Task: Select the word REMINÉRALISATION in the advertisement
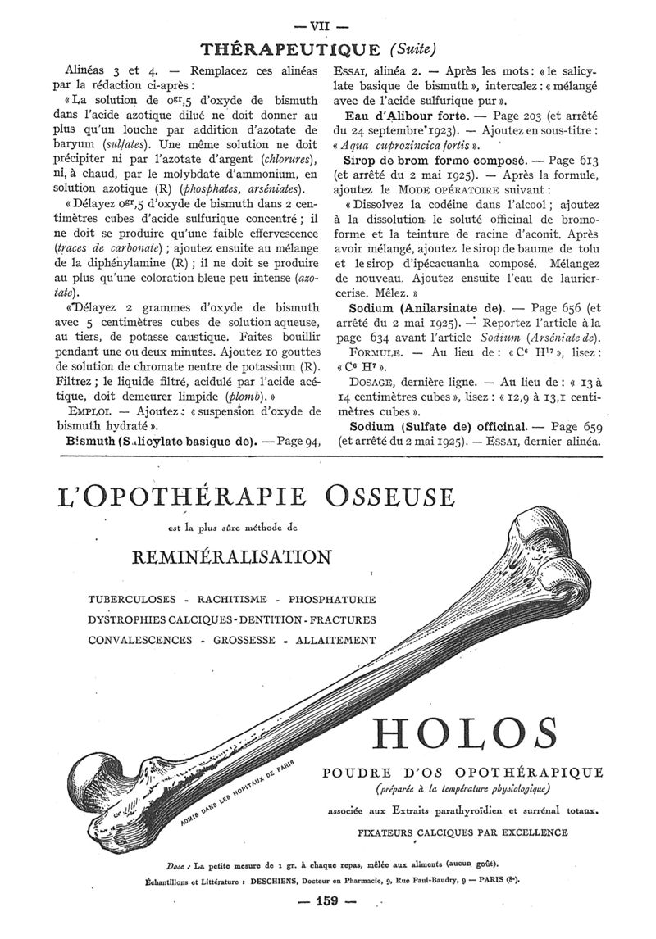pos(232,557)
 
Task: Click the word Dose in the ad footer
pos(176,864)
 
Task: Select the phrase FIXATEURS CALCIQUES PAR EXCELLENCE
pos(462,832)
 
